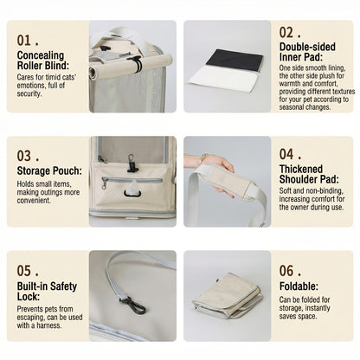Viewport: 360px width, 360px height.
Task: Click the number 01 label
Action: (x=28, y=41)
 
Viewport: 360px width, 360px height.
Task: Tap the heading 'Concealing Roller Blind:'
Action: (x=43, y=61)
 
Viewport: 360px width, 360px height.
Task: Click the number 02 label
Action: (x=290, y=33)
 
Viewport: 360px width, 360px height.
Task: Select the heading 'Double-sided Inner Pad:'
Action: (x=307, y=52)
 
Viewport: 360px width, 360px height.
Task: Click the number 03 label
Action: (x=28, y=156)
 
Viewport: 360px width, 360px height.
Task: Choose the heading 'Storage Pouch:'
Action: (x=49, y=170)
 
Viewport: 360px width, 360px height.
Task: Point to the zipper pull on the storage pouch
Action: (x=104, y=183)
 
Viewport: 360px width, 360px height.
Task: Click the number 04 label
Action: (x=290, y=154)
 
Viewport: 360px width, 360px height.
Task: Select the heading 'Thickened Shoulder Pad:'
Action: (x=309, y=174)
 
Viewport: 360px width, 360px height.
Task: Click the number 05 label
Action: (x=28, y=271)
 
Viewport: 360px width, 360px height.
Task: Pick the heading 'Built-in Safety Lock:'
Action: (x=47, y=292)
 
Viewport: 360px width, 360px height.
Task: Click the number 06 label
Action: (x=290, y=271)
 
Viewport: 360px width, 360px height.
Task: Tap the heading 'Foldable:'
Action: (x=299, y=286)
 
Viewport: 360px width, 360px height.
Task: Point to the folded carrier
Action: (x=227, y=295)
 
